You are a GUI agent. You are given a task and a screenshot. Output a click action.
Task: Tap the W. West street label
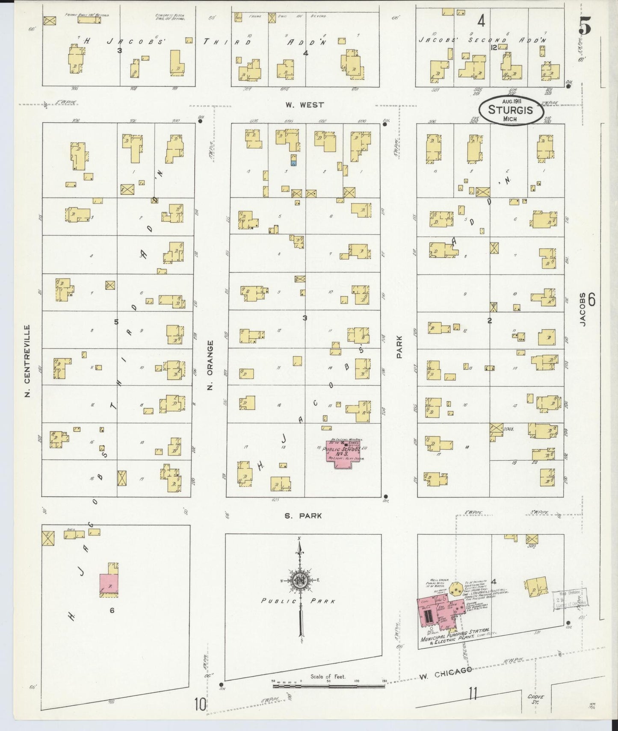tap(305, 105)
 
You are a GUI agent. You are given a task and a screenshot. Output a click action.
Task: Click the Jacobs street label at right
tap(582, 309)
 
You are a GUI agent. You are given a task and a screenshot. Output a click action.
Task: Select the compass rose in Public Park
tap(300, 581)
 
